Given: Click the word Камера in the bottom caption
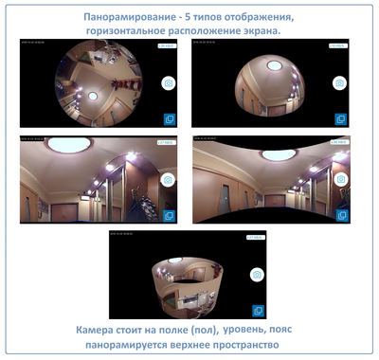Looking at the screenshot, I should coord(100,330).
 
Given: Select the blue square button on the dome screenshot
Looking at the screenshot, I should coord(341,119).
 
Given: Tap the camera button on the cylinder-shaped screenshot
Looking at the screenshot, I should coord(256,274).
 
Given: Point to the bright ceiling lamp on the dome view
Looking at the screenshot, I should coord(273,64).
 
